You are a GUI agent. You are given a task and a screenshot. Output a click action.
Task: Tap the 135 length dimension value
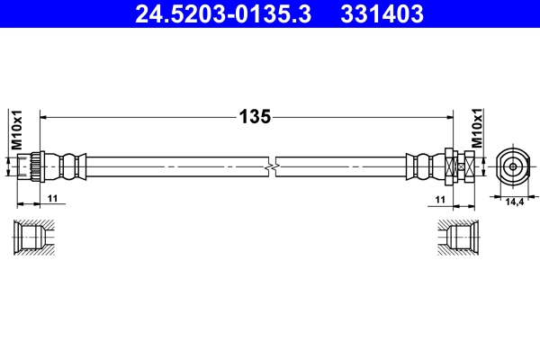click(x=255, y=116)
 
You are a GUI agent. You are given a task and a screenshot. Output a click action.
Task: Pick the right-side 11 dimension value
click(x=440, y=198)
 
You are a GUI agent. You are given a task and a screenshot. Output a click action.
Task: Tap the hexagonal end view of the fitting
click(x=511, y=166)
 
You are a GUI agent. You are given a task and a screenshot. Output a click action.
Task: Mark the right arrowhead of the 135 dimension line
click(x=447, y=116)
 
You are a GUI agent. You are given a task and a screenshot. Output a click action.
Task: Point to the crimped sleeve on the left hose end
click(x=67, y=166)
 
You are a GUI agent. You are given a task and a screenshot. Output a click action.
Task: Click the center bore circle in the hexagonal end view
click(x=511, y=166)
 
